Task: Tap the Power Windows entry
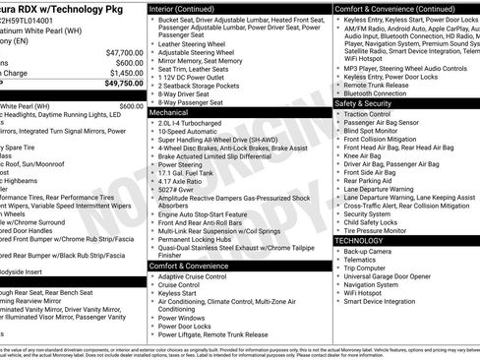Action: (184, 318)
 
